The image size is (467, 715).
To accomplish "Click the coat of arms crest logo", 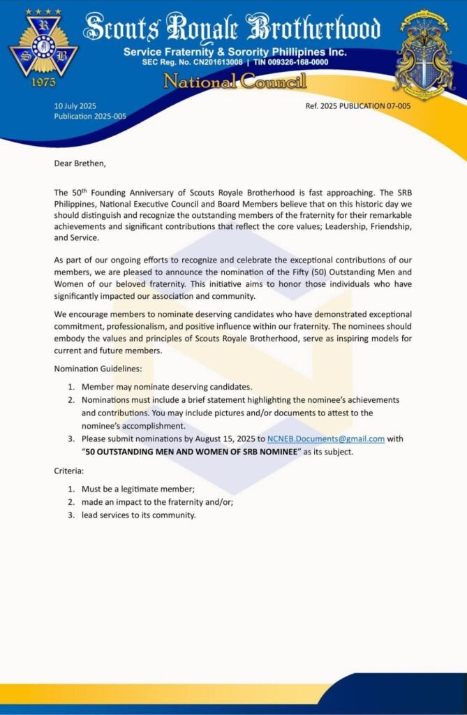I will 424,54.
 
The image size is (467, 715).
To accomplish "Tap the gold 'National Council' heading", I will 235,82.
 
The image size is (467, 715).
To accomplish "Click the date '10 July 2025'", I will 75,106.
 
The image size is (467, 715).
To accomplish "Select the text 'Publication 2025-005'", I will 90,116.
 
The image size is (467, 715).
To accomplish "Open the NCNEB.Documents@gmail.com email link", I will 326,439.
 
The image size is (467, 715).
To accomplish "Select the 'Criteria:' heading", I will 69,472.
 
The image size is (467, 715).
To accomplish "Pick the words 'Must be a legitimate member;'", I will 138,489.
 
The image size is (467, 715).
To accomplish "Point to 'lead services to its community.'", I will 138,515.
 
